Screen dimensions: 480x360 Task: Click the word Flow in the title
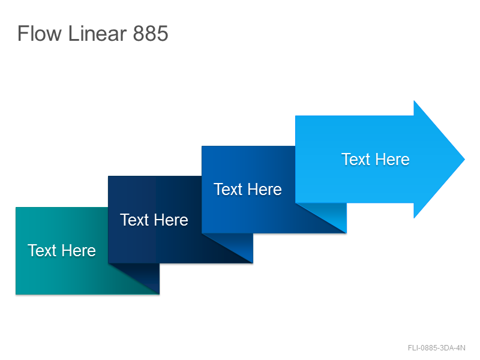click(39, 33)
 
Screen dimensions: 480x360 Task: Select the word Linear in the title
click(97, 33)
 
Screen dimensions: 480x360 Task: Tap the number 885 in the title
click(151, 34)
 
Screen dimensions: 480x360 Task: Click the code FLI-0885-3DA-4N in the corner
click(437, 348)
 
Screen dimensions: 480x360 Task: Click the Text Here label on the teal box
click(62, 250)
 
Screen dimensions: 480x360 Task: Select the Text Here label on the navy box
click(154, 220)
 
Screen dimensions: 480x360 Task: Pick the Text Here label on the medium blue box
click(248, 189)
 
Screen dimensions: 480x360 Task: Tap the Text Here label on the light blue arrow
click(376, 159)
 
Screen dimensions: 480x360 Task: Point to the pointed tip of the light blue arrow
click(464, 159)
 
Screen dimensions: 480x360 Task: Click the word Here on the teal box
click(79, 250)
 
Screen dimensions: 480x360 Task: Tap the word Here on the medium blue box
click(265, 189)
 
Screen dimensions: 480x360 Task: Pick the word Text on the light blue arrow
click(356, 159)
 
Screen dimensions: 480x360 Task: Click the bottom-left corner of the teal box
click(16, 294)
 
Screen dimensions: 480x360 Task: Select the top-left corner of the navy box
click(109, 176)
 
